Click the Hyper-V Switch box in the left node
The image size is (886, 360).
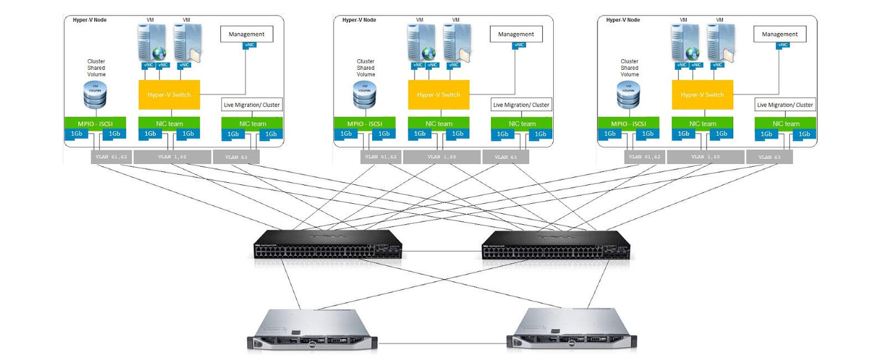pos(169,95)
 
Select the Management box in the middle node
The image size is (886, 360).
pos(516,34)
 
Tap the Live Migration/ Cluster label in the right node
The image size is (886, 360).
pos(785,105)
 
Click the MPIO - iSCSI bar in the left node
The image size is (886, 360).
pos(95,124)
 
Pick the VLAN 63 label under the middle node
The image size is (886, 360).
pos(506,157)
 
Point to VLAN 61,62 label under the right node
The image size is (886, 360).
pos(644,157)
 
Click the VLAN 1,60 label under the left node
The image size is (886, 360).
pos(172,157)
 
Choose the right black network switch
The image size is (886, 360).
pos(556,245)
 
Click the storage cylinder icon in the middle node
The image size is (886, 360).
pos(364,95)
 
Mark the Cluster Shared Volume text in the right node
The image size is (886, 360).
pos(630,68)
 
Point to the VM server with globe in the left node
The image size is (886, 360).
pos(152,43)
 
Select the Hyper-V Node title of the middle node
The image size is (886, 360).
pos(359,20)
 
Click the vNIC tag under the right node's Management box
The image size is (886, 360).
pos(782,45)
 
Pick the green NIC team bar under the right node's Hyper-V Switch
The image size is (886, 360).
pos(702,124)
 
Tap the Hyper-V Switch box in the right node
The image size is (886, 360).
pos(702,95)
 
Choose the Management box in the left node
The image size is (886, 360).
pos(246,34)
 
